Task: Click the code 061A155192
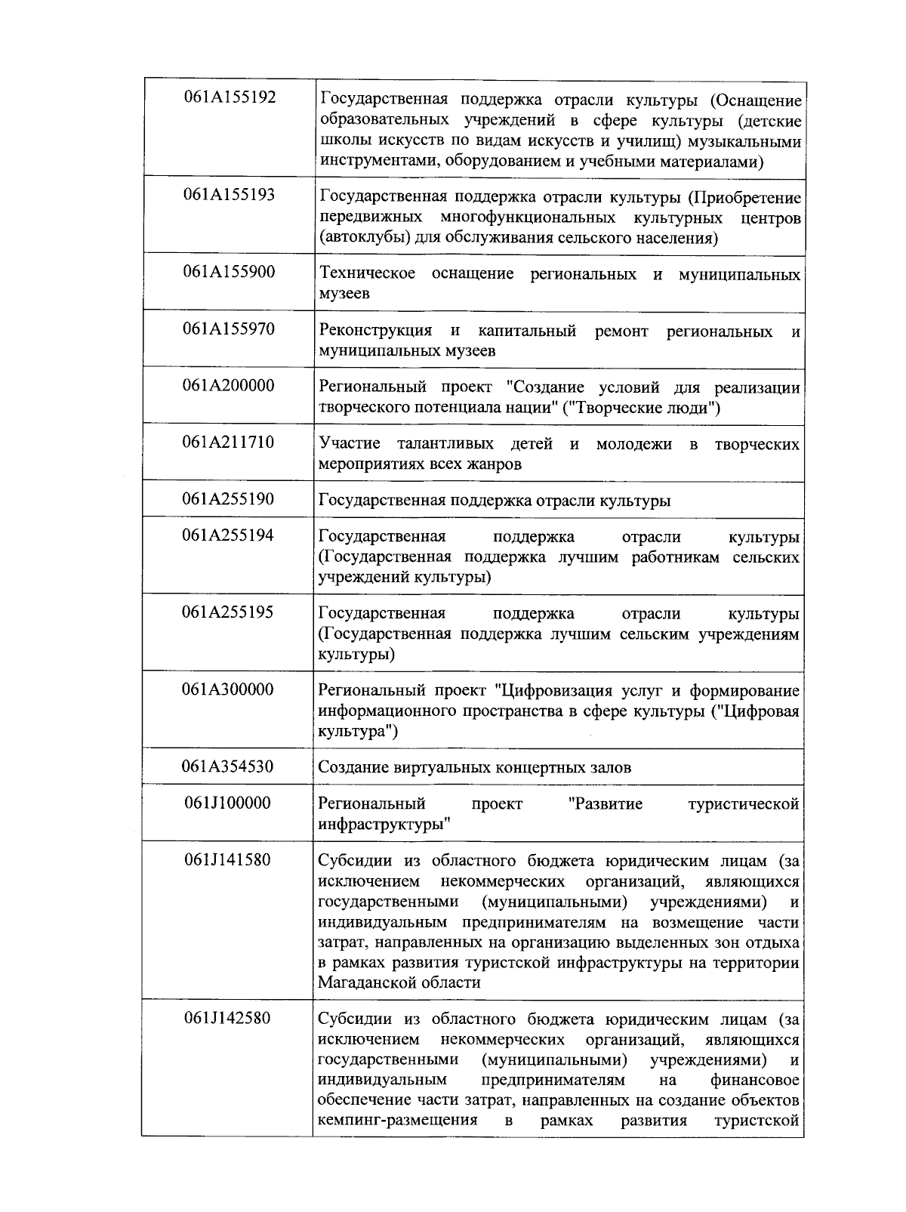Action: point(230,97)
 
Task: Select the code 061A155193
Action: point(230,195)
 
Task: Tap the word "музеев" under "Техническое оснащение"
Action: point(344,294)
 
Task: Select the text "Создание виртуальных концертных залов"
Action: point(475,768)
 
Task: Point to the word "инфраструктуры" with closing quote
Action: point(384,825)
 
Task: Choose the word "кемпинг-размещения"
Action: point(398,1121)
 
